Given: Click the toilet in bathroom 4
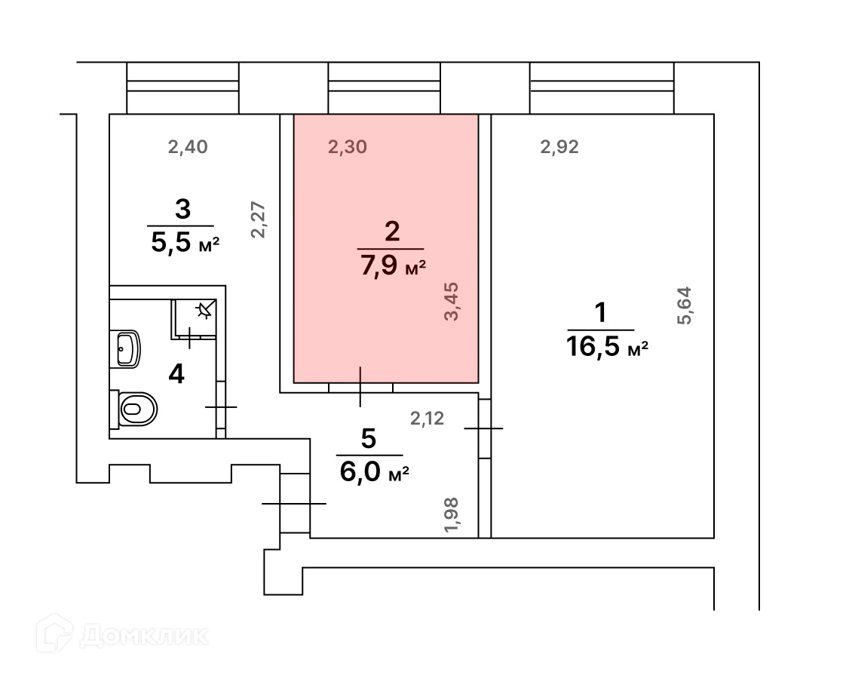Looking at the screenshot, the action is coord(136,409).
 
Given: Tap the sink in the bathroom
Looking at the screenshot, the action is coord(127,348).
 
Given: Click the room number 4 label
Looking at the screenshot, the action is coord(176,373).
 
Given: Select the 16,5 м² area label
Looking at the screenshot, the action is coord(606,347).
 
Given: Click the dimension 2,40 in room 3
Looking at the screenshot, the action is coord(187,147).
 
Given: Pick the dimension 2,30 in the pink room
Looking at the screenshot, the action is coord(348,147).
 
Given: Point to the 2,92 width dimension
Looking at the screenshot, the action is coord(559,147).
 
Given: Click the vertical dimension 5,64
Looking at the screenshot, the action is coord(685,305).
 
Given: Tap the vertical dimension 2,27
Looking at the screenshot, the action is coord(259,219).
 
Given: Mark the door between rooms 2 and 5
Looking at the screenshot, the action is coord(360,386).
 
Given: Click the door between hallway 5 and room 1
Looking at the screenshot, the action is coord(484,428).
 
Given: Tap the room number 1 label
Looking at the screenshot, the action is coord(601,312).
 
